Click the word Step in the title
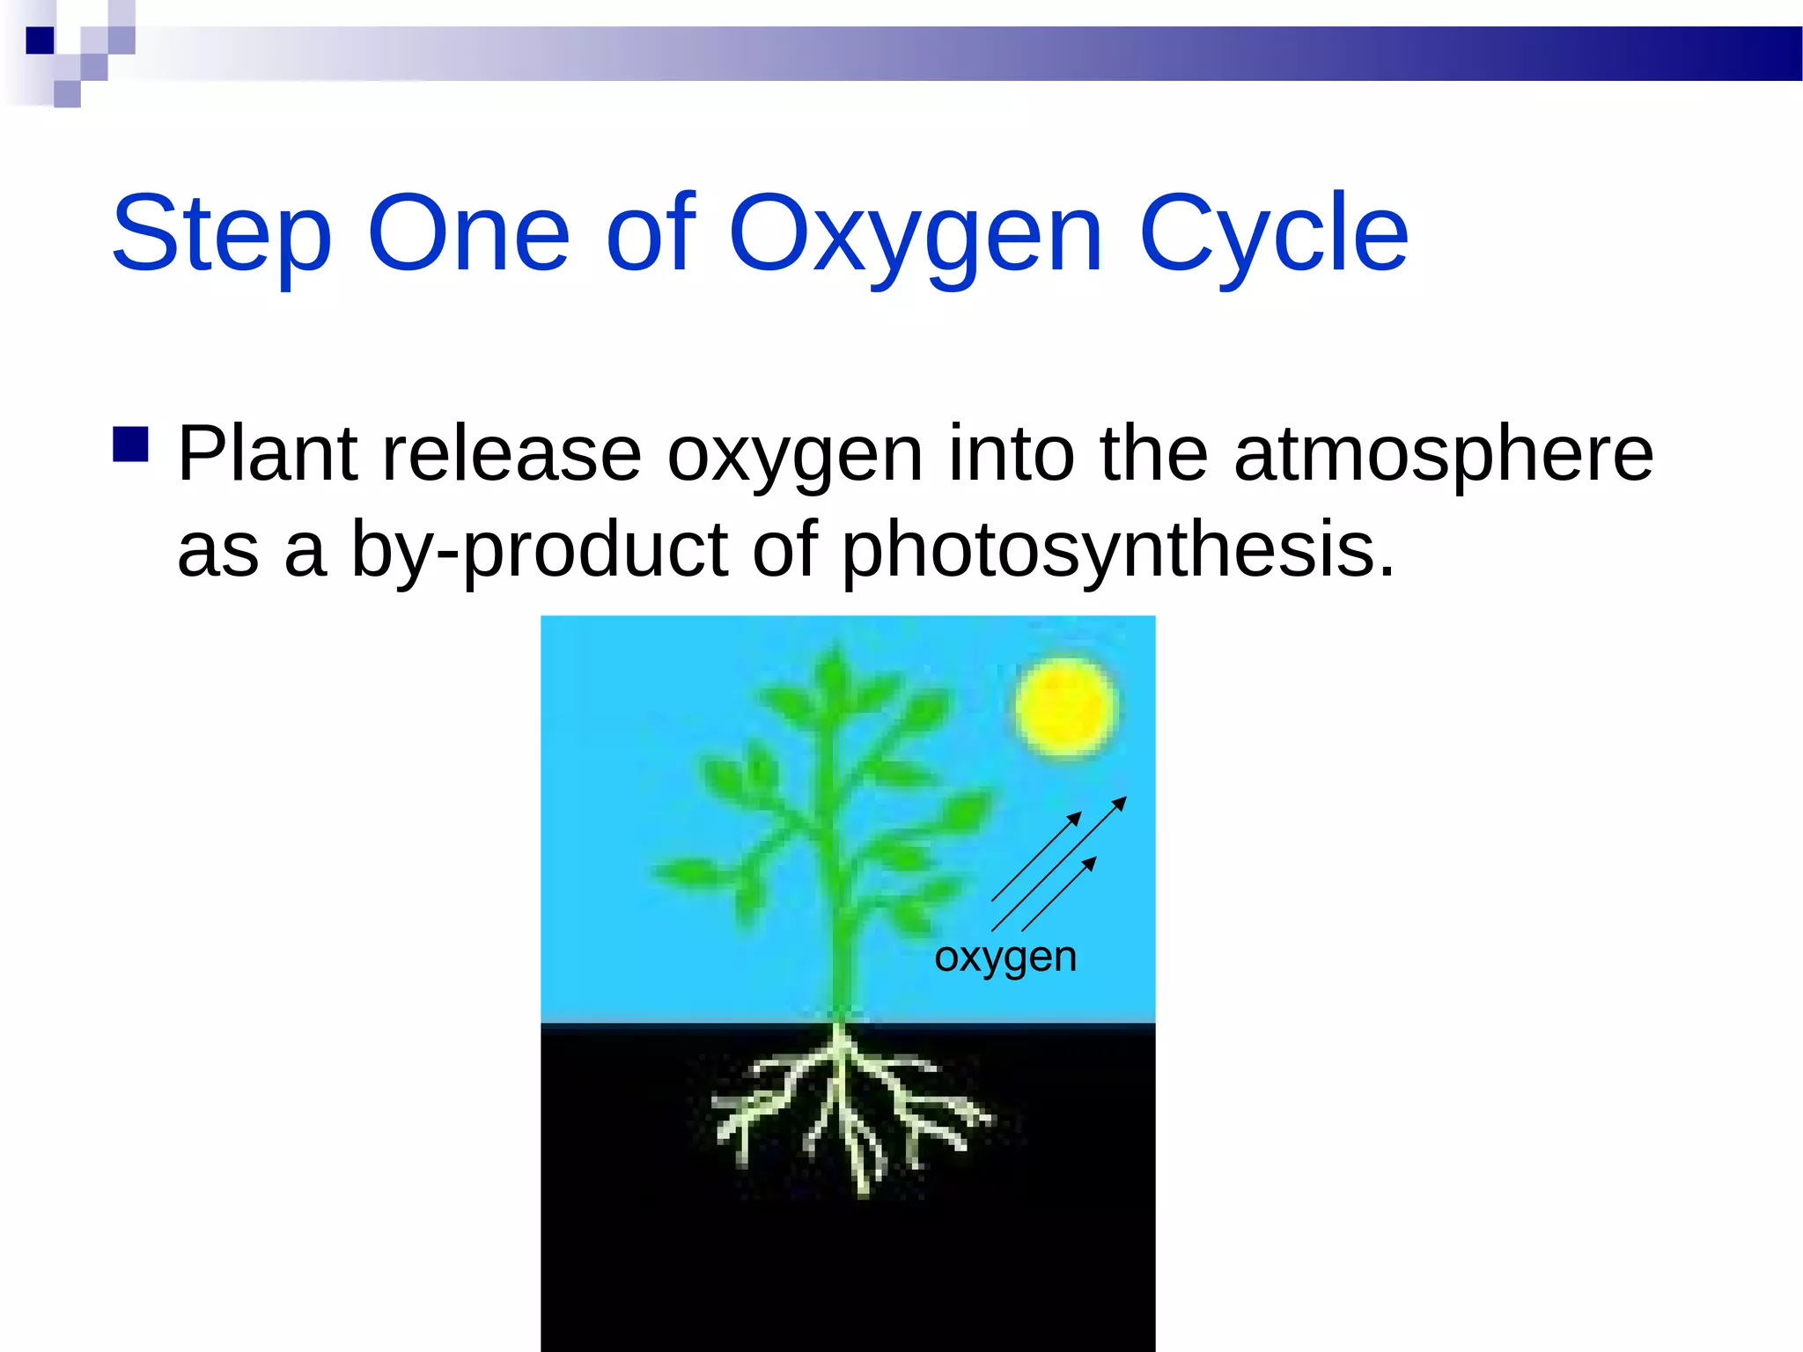pos(222,234)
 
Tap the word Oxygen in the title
pos(916,234)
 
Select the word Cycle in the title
pos(1273,234)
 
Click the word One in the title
pos(468,234)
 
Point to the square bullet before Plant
pos(130,445)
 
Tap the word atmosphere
pos(1443,454)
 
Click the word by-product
pos(540,549)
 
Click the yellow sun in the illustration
pos(1065,707)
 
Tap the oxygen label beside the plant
pos(1005,957)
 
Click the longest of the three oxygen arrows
pos(1059,863)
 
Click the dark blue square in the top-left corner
pos(40,40)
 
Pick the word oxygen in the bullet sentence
pos(794,454)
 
